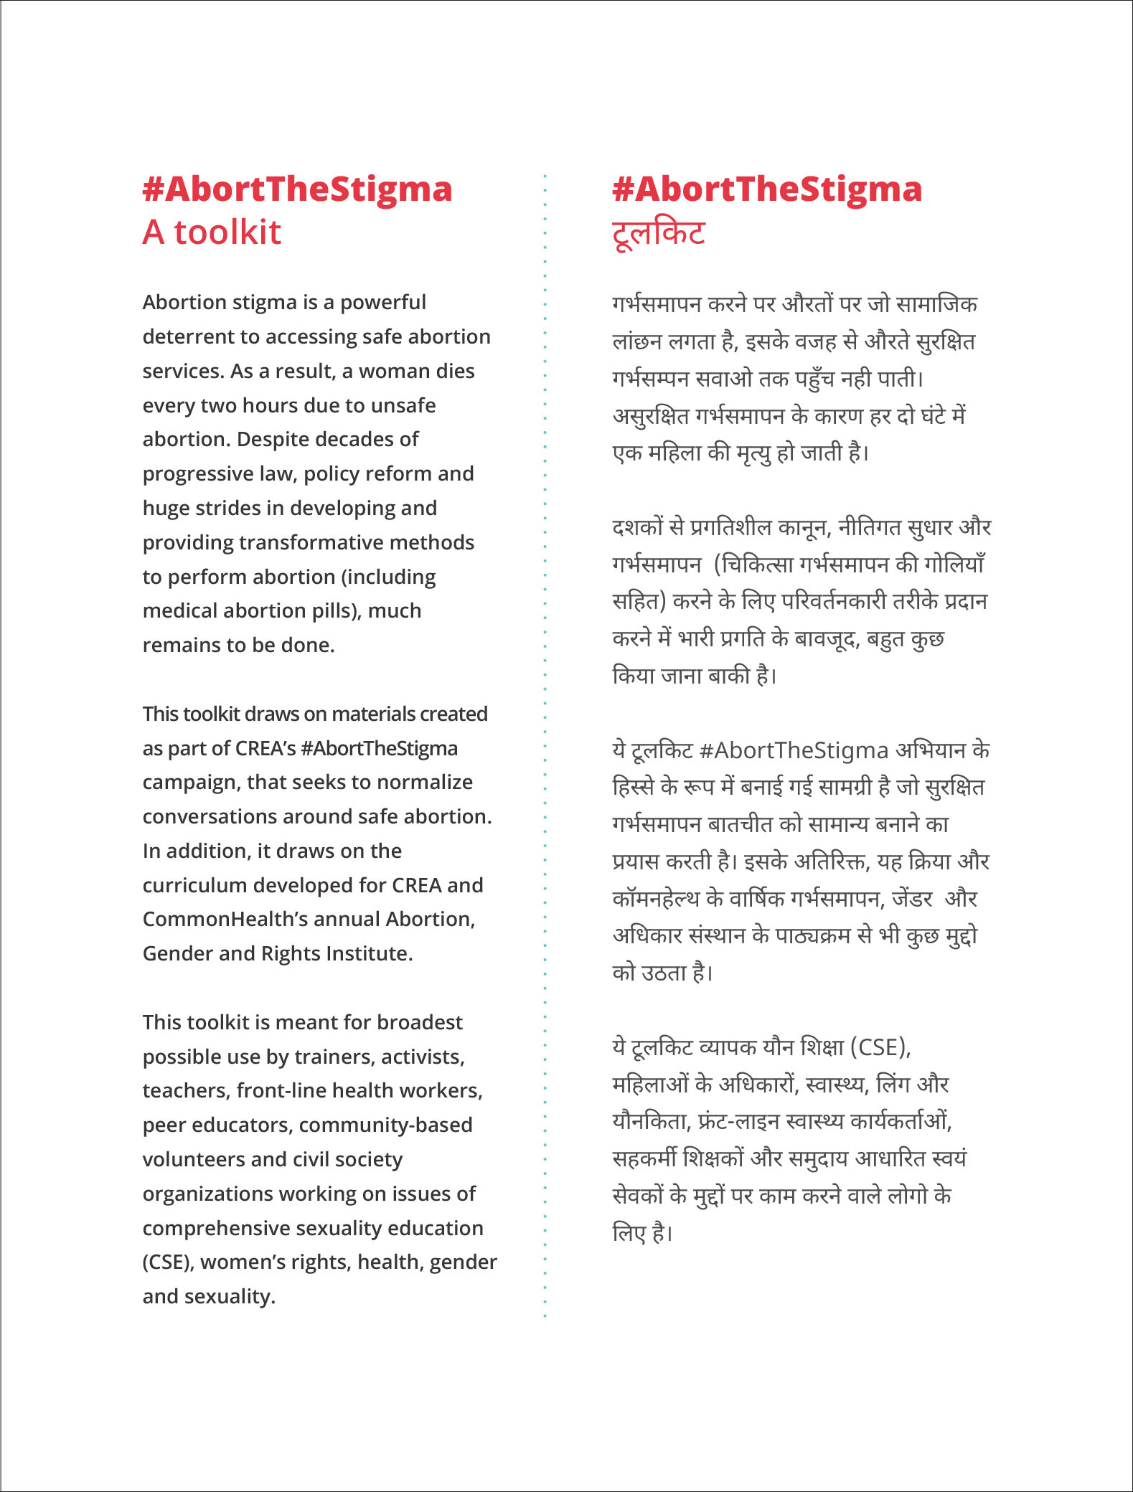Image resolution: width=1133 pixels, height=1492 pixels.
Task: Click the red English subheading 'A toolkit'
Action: pyautogui.click(x=212, y=232)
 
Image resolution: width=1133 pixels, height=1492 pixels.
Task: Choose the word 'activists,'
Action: pyautogui.click(x=423, y=1057)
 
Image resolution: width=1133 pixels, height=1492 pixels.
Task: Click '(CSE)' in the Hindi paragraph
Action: pyautogui.click(x=880, y=1047)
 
